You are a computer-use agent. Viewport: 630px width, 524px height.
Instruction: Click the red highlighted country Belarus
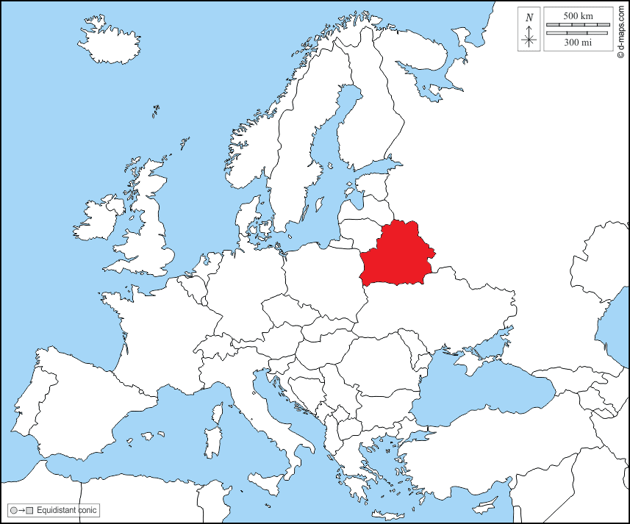click(x=397, y=254)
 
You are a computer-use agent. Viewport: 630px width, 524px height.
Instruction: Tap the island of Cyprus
click(x=486, y=506)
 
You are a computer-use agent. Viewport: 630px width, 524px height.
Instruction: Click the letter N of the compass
click(x=529, y=16)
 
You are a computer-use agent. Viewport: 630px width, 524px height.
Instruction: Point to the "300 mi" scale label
click(x=578, y=43)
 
